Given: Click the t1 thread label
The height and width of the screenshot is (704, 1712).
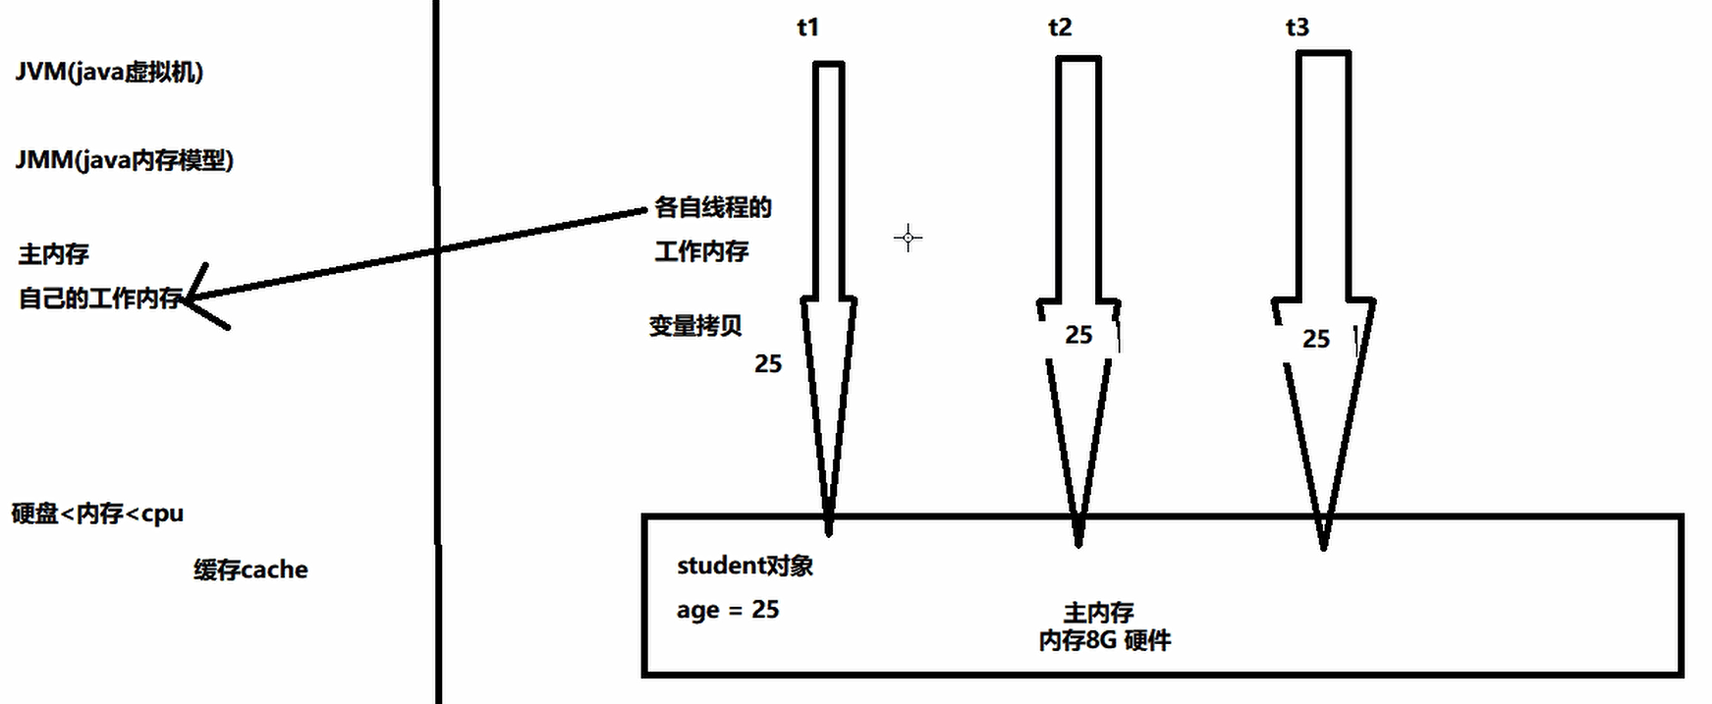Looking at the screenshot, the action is click(x=807, y=27).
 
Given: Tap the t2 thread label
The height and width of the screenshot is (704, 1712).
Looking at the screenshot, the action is click(x=1060, y=27).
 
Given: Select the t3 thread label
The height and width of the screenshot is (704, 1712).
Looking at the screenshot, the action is click(x=1298, y=27).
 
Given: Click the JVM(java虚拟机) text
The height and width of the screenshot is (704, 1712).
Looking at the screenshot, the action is click(x=109, y=72).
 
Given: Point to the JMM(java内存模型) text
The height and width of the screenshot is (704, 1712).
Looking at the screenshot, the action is click(x=125, y=160).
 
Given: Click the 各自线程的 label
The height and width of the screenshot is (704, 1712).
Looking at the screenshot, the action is click(x=713, y=207).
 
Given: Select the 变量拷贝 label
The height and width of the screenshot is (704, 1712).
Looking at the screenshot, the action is click(x=695, y=325).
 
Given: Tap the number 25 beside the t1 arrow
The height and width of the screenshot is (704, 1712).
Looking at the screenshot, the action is click(x=768, y=364).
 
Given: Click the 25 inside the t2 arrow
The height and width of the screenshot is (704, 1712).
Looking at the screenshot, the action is click(x=1078, y=336).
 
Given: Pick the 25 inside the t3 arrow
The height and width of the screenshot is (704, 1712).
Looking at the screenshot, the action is click(x=1316, y=340).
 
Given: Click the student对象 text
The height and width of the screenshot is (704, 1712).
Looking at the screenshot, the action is click(x=745, y=566).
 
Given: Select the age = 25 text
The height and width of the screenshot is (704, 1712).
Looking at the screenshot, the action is click(x=728, y=610).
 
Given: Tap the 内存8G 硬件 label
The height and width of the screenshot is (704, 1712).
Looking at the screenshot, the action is click(x=1105, y=641).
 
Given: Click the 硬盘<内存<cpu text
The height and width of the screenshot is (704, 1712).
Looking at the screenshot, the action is click(x=97, y=514).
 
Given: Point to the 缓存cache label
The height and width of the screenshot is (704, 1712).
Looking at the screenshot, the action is click(x=250, y=569).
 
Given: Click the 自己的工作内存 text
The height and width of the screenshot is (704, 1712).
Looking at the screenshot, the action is click(x=100, y=298).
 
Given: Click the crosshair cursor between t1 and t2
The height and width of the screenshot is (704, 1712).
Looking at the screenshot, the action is click(x=909, y=238).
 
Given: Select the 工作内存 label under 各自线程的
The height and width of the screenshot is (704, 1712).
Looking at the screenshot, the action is click(x=701, y=251).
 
